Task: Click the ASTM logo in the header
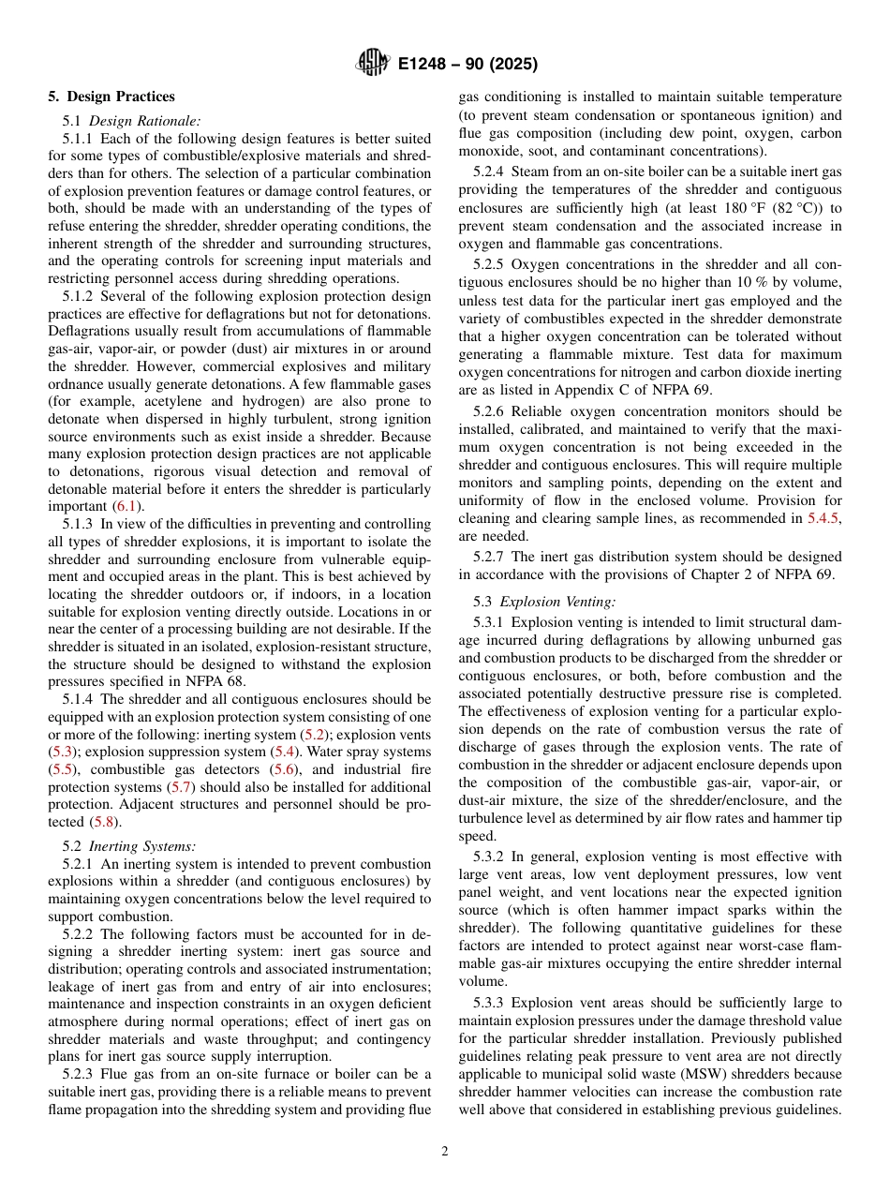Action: coord(374,64)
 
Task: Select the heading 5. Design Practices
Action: coord(111,97)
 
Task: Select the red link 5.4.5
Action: coord(822,516)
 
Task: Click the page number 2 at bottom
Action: coord(444,1152)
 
